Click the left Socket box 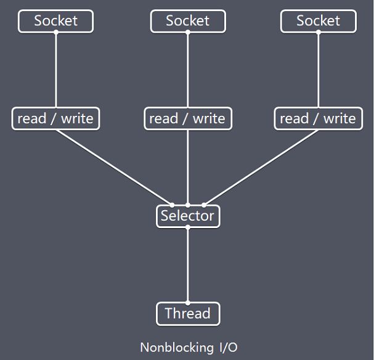click(x=55, y=21)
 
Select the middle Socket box click(x=188, y=21)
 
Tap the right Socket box click(x=319, y=21)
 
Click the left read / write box click(x=55, y=118)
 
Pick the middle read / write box click(x=188, y=118)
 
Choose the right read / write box click(x=319, y=118)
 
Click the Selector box click(x=188, y=216)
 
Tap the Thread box click(x=188, y=314)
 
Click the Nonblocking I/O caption click(x=189, y=347)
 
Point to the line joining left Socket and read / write click(x=56, y=70)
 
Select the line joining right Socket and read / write click(x=319, y=70)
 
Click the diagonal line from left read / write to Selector click(x=114, y=168)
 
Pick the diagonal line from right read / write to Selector click(x=261, y=168)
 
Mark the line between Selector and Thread click(x=188, y=265)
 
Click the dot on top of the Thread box click(x=188, y=303)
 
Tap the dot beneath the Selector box click(x=188, y=227)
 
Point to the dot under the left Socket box click(x=56, y=32)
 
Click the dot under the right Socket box click(x=319, y=32)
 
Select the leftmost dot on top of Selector click(x=172, y=205)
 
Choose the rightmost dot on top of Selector click(x=204, y=205)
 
